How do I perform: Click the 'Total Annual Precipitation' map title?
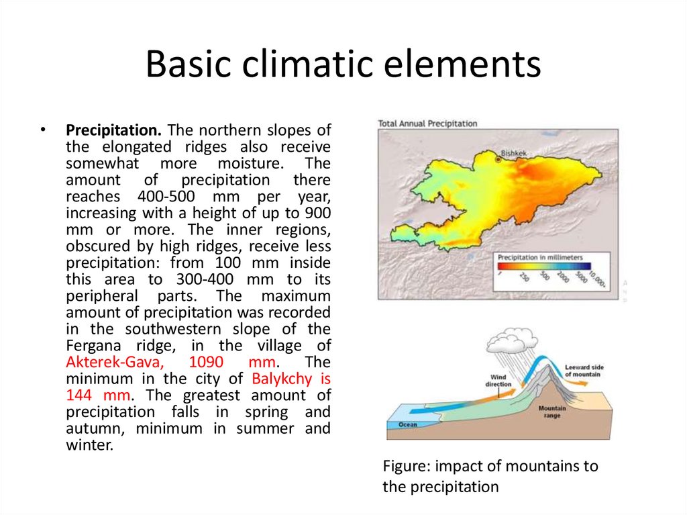(x=427, y=124)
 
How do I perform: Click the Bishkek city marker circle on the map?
(x=498, y=160)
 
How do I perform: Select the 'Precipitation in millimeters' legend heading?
(x=540, y=257)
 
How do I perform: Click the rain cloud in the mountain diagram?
(x=512, y=340)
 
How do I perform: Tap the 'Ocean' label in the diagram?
(x=408, y=424)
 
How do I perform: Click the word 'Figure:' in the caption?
(x=407, y=466)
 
